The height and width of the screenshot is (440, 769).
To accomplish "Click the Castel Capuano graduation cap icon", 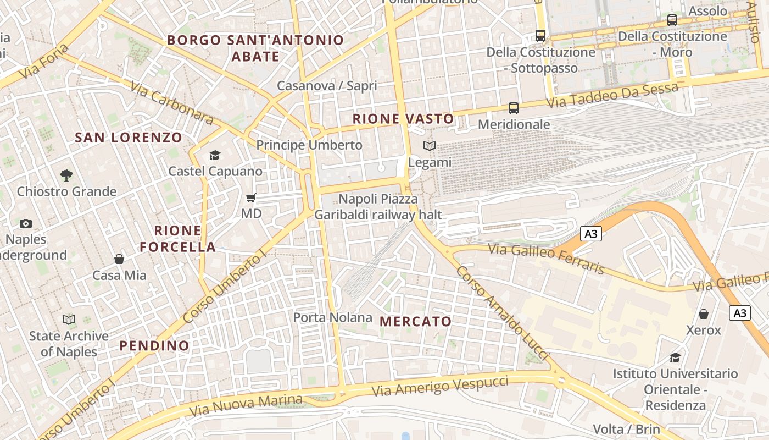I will click(x=215, y=156).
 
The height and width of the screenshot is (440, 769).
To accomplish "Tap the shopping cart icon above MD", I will click(x=251, y=197).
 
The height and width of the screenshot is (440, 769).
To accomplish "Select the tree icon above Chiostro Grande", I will click(x=66, y=175).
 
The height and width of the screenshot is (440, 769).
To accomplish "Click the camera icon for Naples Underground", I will click(x=26, y=223).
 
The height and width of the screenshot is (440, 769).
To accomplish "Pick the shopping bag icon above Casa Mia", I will click(x=119, y=259).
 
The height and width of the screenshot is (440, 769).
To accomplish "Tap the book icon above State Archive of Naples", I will click(x=69, y=320).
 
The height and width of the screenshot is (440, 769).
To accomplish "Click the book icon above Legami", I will click(x=430, y=146).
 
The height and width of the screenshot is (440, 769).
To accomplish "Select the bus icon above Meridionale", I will click(x=514, y=108).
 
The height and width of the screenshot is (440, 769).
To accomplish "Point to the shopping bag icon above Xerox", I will click(x=704, y=314).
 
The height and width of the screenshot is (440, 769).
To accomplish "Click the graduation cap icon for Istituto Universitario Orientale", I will click(x=675, y=358).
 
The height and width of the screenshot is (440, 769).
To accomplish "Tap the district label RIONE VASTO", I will click(x=403, y=119).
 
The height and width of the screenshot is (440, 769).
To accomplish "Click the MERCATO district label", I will click(x=416, y=322).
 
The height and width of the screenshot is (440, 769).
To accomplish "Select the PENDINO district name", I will click(x=154, y=346).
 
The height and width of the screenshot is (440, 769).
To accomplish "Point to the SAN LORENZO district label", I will click(x=129, y=137).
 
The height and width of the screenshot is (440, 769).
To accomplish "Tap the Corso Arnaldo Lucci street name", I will click(x=502, y=313).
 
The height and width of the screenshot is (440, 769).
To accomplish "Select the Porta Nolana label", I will click(x=332, y=318).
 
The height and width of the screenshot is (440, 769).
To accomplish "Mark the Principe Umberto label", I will click(x=309, y=145).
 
